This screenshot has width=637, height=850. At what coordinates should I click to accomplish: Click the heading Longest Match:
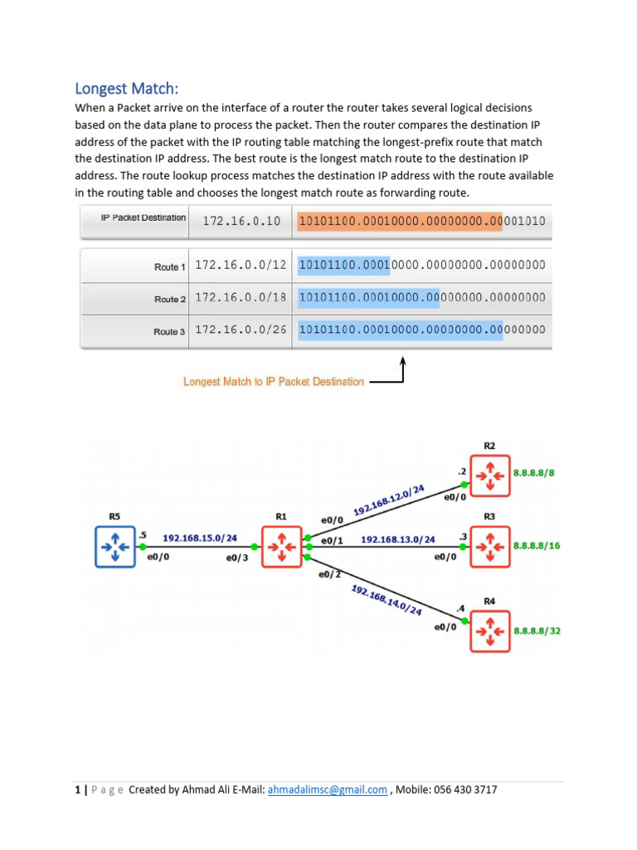127,88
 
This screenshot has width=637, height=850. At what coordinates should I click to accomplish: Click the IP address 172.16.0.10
238,222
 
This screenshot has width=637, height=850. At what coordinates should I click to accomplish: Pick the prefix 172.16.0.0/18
241,297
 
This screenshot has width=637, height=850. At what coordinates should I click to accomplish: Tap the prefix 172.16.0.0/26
241,330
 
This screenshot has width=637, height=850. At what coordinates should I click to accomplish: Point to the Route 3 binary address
421,330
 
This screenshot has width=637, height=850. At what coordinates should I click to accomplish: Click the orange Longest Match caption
273,382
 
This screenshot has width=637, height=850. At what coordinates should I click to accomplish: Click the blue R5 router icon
114,547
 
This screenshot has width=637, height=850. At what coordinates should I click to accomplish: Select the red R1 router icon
282,547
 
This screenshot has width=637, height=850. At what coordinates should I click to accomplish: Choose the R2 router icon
490,476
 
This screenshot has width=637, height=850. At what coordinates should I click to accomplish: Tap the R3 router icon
490,546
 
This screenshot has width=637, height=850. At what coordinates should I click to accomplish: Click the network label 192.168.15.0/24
199,538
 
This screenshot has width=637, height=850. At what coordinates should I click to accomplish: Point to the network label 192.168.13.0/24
397,540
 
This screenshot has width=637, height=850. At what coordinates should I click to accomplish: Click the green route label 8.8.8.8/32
537,631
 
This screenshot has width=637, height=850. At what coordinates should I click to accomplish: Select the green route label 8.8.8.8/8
534,472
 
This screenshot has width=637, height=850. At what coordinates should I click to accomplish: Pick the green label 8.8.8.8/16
537,546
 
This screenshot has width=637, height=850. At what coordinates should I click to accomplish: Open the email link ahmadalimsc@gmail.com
327,789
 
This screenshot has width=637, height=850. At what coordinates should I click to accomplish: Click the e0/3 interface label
236,558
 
